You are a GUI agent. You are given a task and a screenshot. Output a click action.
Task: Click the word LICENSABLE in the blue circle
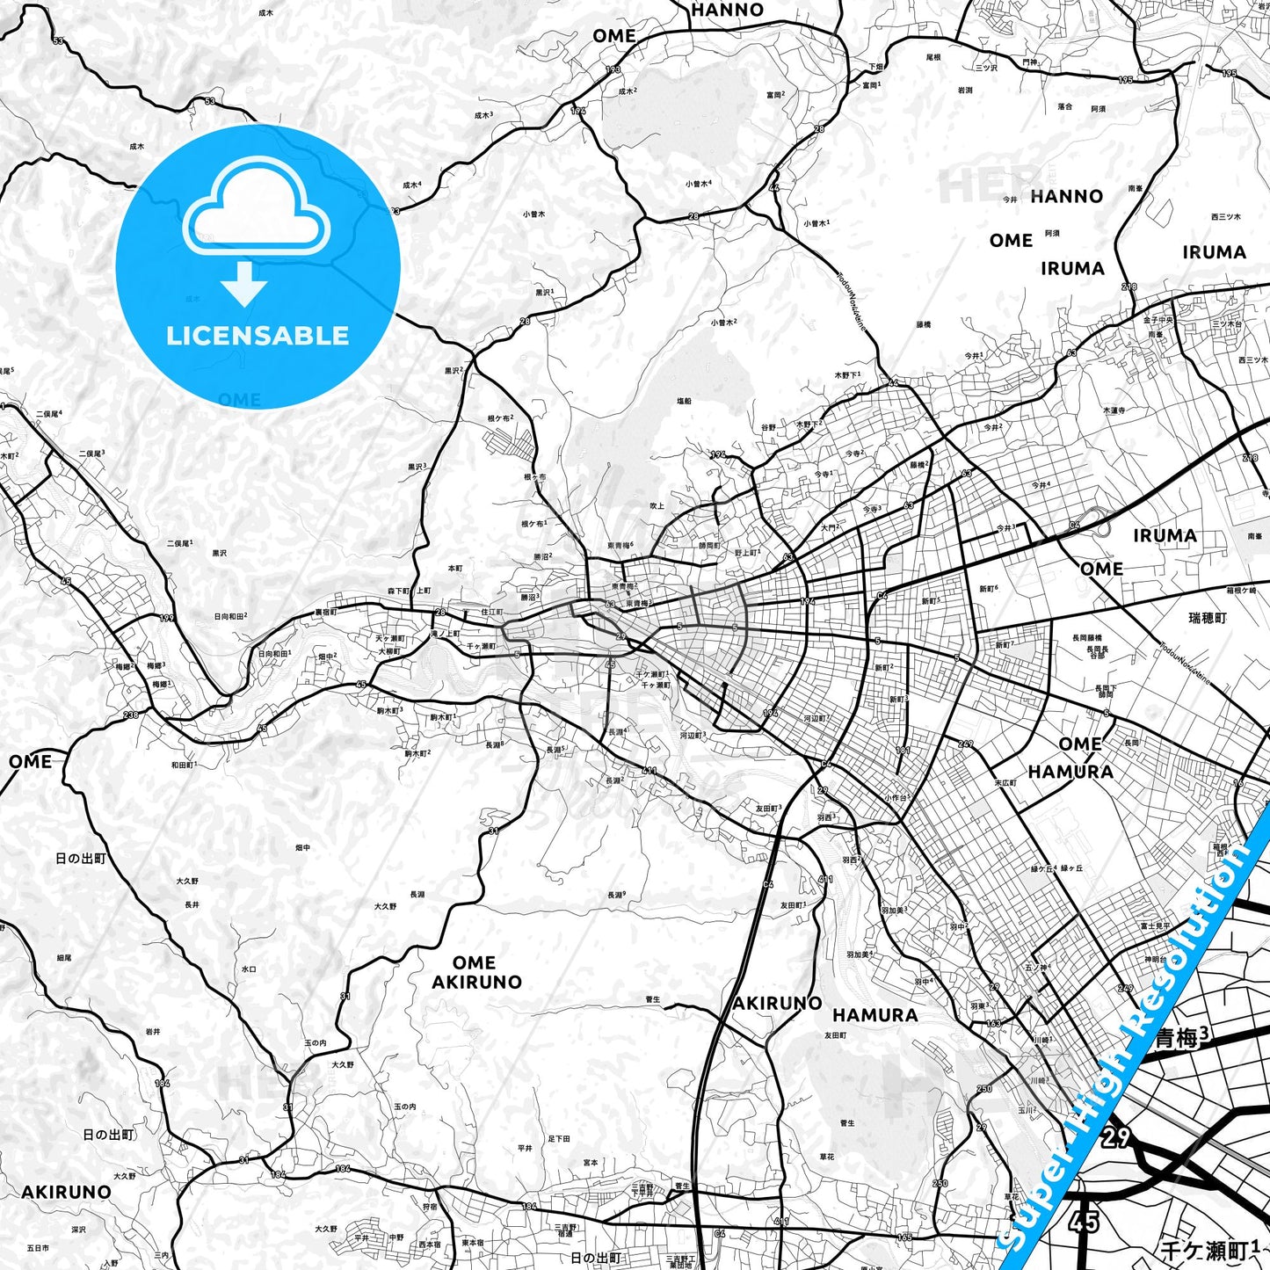tap(258, 336)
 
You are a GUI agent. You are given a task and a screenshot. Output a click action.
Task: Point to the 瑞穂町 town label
tap(1208, 618)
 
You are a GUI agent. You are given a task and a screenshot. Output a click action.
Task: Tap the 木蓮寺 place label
tap(1114, 410)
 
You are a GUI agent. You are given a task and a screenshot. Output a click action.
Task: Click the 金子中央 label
tap(1158, 320)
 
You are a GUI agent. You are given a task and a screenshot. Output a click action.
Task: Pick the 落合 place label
tap(1064, 105)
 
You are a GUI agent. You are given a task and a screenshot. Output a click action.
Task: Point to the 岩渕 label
tap(964, 90)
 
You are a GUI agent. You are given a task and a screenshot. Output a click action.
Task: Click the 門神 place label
tap(1030, 62)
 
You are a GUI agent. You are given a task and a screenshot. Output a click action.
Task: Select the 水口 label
tap(249, 969)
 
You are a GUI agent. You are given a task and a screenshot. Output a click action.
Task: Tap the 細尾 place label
tap(64, 958)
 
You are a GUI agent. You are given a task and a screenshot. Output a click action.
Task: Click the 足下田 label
tap(559, 1138)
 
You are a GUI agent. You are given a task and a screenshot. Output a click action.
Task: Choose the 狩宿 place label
tap(429, 1207)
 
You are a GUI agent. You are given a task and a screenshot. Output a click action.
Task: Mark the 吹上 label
tap(657, 505)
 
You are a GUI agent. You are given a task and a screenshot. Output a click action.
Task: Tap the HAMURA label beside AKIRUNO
tap(874, 1015)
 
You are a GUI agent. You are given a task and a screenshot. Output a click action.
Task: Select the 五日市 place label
tap(38, 1248)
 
